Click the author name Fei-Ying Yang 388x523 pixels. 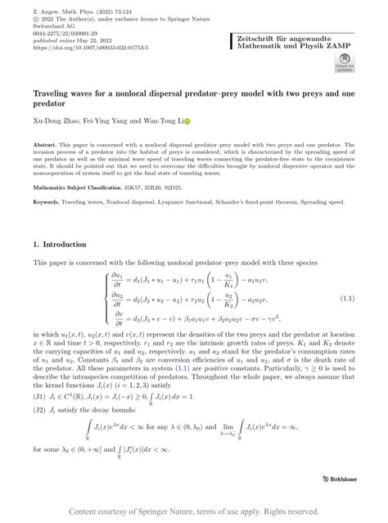click(x=114, y=120)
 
